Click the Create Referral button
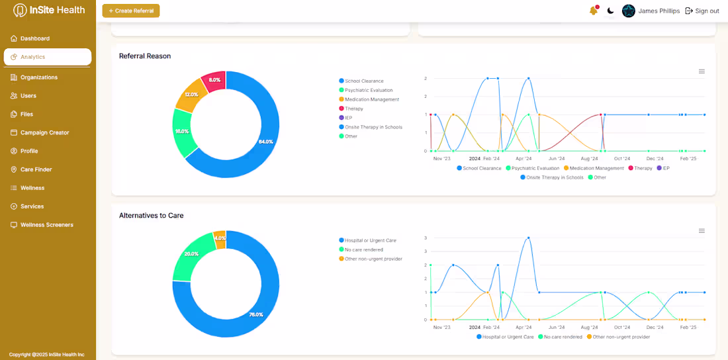point(131,11)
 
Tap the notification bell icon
point(593,11)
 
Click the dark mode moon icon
point(610,11)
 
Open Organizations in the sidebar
point(38,77)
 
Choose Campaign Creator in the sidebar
point(44,132)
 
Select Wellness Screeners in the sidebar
point(46,225)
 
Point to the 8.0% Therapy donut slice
point(214,80)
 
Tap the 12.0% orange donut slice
point(191,95)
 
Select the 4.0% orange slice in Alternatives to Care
point(220,238)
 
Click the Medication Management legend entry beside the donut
point(371,99)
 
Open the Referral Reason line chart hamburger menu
point(702,71)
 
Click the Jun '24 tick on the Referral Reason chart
point(557,159)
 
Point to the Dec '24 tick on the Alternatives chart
point(655,328)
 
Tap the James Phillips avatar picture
point(629,11)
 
